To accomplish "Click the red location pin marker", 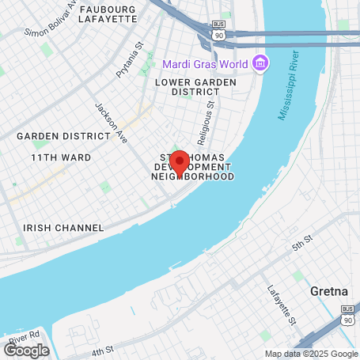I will (180, 161).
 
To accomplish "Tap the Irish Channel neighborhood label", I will (63, 228).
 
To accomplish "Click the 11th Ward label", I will (61, 157).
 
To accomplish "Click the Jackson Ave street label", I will (111, 117).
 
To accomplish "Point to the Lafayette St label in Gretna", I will (281, 305).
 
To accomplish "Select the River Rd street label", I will (24, 336).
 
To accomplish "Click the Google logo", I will (26, 350).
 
